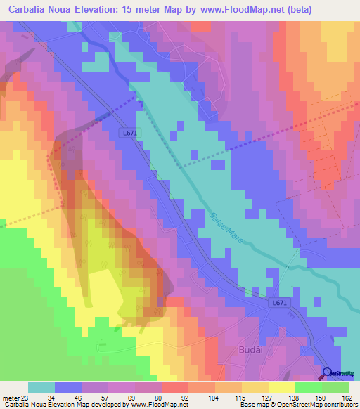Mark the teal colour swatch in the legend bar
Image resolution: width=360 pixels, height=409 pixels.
41,387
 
